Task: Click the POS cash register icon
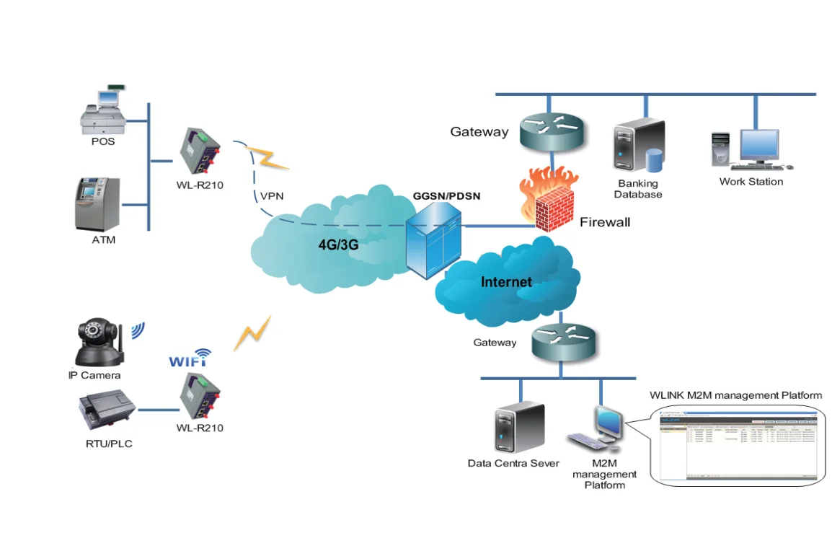(x=106, y=110)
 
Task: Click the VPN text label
(x=273, y=195)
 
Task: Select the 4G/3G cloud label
(x=338, y=245)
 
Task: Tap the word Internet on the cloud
(x=506, y=282)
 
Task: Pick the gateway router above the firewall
(x=549, y=130)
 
